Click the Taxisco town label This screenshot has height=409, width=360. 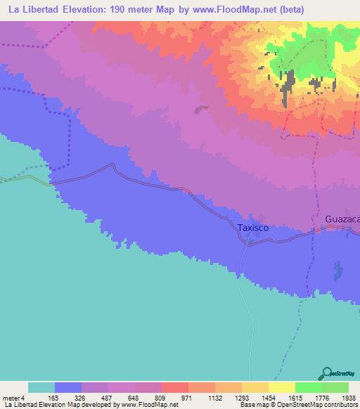pos(249,228)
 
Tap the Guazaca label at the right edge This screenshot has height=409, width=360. pos(342,220)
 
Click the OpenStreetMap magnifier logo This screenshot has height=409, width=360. pos(326,372)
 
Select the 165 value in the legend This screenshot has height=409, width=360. pos(68,397)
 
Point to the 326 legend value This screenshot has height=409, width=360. pos(95,397)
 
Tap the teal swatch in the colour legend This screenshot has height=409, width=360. pos(41,387)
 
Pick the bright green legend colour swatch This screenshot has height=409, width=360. pos(309,387)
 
